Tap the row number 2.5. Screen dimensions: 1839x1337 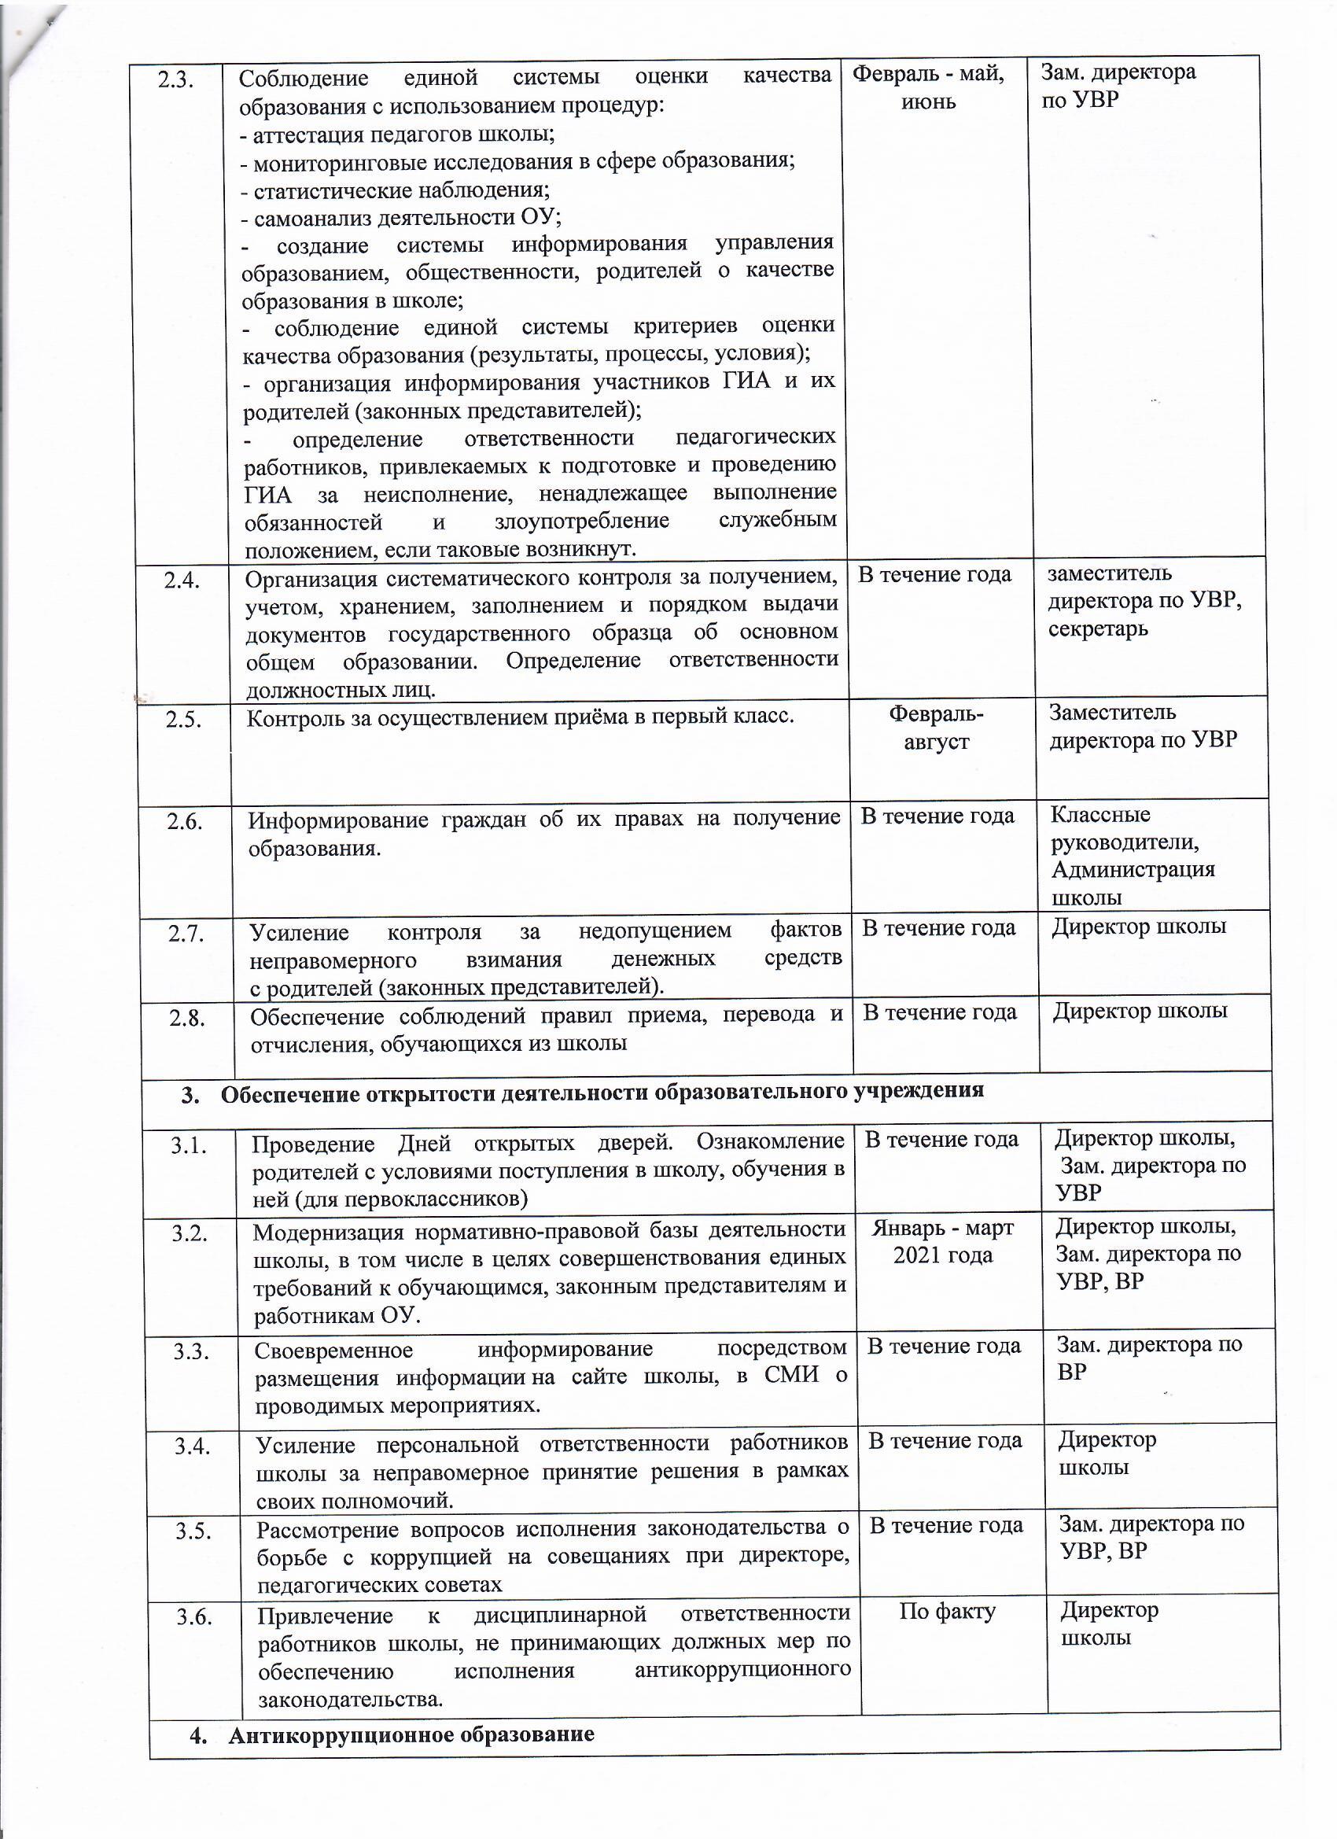pyautogui.click(x=183, y=719)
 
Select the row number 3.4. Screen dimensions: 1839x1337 pyautogui.click(x=192, y=1446)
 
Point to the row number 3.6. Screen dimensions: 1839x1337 pyautogui.click(x=194, y=1616)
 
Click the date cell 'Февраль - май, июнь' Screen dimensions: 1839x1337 pyautogui.click(x=928, y=87)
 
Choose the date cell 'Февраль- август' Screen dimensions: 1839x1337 pyautogui.click(x=937, y=728)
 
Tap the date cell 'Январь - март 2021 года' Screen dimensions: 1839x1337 pyautogui.click(x=943, y=1241)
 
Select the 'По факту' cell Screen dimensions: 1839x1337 pyautogui.click(x=947, y=1611)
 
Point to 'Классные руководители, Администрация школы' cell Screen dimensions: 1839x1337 pyautogui.click(x=1133, y=856)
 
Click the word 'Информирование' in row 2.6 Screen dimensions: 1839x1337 pyautogui.click(x=337, y=820)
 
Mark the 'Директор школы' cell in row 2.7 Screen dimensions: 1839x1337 pyautogui.click(x=1138, y=927)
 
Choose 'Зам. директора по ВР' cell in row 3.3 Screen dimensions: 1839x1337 pyautogui.click(x=1148, y=1358)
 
